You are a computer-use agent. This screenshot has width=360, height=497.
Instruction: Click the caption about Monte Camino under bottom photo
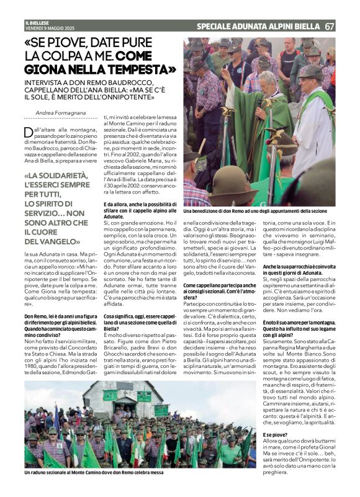pyautogui.click(x=94, y=473)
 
